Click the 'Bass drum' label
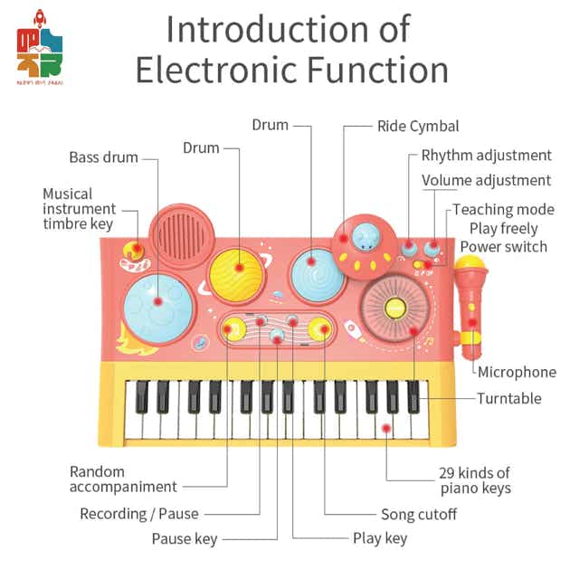[103, 157]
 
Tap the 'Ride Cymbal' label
[418, 127]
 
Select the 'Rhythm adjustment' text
[486, 156]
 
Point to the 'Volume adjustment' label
[486, 181]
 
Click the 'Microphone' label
[517, 372]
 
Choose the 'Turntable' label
[508, 398]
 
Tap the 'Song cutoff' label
[418, 514]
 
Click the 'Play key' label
[380, 538]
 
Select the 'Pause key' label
[185, 539]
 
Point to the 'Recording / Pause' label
[139, 514]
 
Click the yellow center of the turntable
[394, 308]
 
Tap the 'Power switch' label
[503, 246]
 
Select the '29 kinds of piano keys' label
[475, 480]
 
